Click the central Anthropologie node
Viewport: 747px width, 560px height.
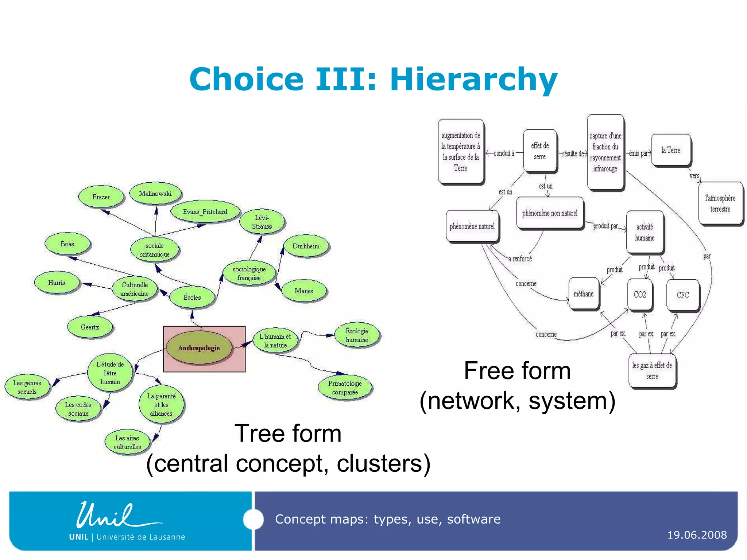[199, 348]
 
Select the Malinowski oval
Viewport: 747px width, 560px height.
[155, 194]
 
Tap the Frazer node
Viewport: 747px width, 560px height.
[101, 197]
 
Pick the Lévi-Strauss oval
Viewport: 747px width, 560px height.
[262, 222]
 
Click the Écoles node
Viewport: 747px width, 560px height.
[192, 297]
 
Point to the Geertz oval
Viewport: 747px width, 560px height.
[90, 327]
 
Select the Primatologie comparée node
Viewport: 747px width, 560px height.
[345, 388]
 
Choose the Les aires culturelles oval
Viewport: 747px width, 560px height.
[127, 442]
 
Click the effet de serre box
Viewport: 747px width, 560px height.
[540, 151]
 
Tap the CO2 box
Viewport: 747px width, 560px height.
[640, 295]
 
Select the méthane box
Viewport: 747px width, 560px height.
[584, 294]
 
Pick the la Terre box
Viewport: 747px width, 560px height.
[671, 150]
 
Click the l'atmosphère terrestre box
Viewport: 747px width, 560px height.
[720, 203]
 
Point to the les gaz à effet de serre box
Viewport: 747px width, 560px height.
[652, 370]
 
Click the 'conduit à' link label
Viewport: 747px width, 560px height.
[504, 153]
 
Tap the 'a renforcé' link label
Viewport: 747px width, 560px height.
[520, 259]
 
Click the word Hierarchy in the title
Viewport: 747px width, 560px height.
[473, 79]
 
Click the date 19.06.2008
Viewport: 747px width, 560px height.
[697, 535]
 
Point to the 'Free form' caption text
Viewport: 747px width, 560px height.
[517, 371]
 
